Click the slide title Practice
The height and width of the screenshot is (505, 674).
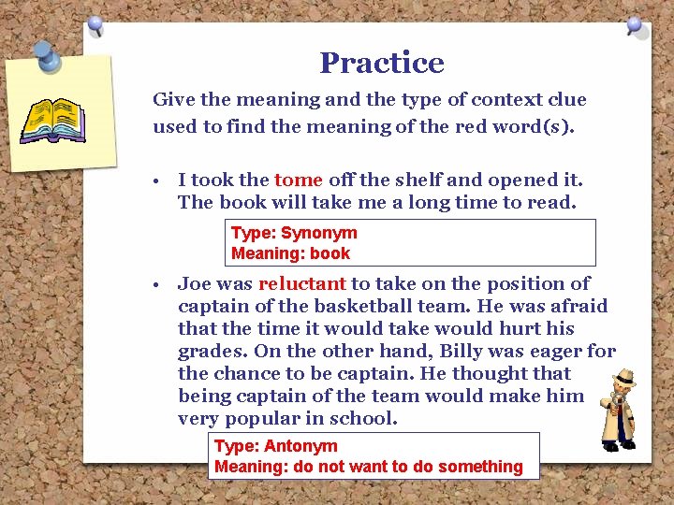[x=381, y=63]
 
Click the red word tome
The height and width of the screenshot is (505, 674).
[x=299, y=180]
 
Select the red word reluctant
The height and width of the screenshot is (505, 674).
[x=302, y=283]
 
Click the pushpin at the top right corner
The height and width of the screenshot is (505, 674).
[x=637, y=25]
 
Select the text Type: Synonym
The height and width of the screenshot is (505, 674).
[x=294, y=233]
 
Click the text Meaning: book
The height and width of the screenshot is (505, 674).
[x=290, y=252]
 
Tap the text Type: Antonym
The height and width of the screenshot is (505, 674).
[x=276, y=446]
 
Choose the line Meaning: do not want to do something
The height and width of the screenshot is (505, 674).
[x=369, y=466]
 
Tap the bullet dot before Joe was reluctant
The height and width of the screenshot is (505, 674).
[x=163, y=284]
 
